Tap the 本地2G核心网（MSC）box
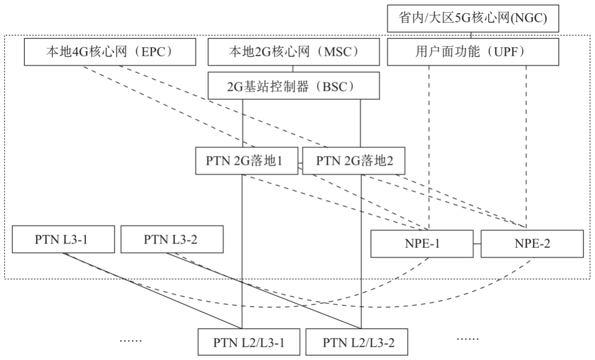(x=293, y=53)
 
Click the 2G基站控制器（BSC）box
(x=294, y=87)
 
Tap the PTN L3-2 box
(x=171, y=239)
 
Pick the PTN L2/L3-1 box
(x=248, y=342)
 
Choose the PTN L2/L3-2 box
(x=358, y=342)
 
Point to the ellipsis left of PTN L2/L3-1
(x=131, y=340)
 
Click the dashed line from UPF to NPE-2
(x=526, y=143)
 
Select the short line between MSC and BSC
(x=293, y=69)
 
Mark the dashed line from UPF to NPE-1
(x=429, y=143)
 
